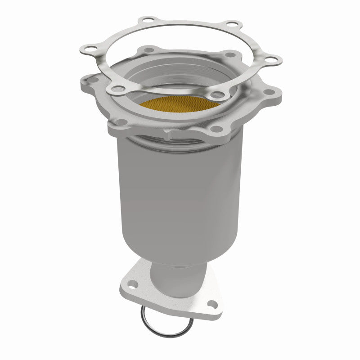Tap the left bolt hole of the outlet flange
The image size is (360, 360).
pyautogui.click(x=131, y=283)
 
